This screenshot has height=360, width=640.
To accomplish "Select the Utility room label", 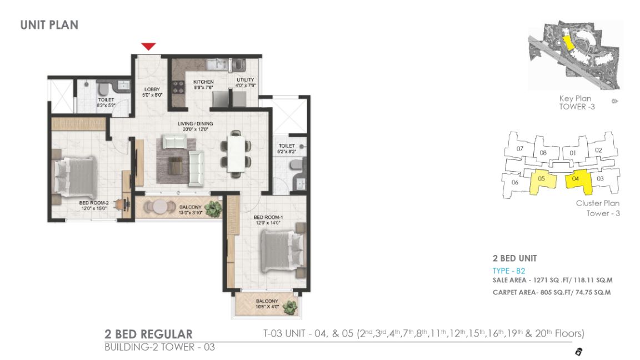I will tap(245, 83).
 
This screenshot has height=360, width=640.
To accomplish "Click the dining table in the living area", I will tap(236, 151).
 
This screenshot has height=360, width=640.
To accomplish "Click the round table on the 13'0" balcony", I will tap(160, 206).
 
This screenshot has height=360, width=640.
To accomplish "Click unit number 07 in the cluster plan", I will tap(520, 149).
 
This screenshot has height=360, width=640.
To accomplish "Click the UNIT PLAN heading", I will tap(49, 24).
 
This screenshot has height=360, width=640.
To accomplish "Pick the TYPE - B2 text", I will tap(509, 271).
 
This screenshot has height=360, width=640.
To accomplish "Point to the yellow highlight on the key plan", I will tap(567, 42).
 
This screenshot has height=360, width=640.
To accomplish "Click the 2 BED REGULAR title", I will tap(148, 334).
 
